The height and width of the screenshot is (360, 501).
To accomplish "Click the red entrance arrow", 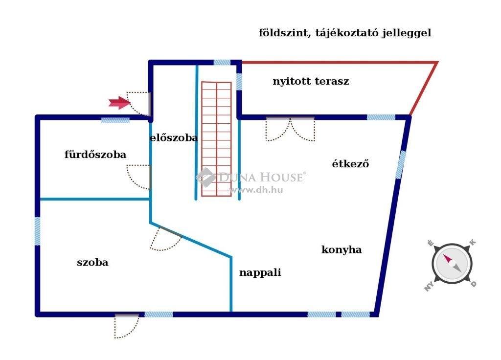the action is click(x=120, y=103).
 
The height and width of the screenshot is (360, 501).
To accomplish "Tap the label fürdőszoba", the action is click(x=95, y=155).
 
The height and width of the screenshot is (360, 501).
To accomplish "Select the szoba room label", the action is click(x=92, y=263).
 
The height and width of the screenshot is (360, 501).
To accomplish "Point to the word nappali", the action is click(x=260, y=272).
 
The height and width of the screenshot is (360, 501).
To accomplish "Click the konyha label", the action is click(x=342, y=249).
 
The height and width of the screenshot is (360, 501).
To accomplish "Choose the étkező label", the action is click(x=350, y=163).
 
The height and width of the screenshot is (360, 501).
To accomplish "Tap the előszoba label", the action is click(x=174, y=137).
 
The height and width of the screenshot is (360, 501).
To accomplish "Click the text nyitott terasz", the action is click(x=311, y=82).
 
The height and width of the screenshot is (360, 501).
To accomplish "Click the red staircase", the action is click(x=216, y=139).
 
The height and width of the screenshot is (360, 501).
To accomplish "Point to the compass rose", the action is click(x=452, y=264).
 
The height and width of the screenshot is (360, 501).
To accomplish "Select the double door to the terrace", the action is click(x=290, y=129).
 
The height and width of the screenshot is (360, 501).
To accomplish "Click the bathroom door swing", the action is click(x=138, y=177).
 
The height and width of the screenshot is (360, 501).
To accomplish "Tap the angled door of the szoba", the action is click(x=165, y=238).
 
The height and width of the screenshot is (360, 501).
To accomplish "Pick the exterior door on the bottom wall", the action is click(x=127, y=326).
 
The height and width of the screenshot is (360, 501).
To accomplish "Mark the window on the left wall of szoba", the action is click(x=37, y=231).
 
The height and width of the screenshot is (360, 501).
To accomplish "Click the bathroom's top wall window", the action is click(x=115, y=120).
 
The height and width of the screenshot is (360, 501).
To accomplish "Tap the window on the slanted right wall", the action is click(x=401, y=165).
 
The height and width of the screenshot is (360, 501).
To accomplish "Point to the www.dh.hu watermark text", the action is click(x=256, y=190).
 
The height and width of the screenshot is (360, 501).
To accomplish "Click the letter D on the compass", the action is click(x=473, y=284).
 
